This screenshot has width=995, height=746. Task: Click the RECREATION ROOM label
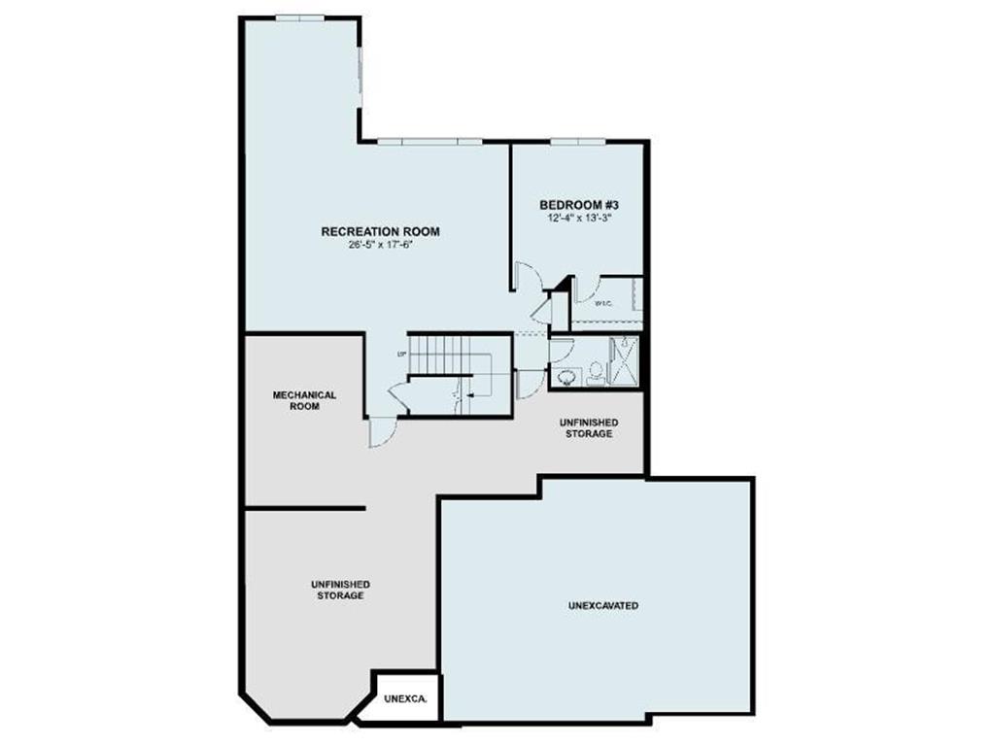tap(380, 231)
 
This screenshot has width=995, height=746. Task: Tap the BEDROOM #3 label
tap(579, 205)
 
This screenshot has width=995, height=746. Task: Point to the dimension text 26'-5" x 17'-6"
tap(380, 245)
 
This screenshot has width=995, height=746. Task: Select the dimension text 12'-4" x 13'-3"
tap(579, 220)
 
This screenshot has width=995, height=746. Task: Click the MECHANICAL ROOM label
tap(304, 400)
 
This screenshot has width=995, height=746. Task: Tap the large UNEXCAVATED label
tap(602, 605)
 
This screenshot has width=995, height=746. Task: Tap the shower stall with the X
tap(624, 362)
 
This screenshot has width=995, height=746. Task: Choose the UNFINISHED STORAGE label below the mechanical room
tap(340, 590)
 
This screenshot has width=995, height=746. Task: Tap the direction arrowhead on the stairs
tap(468, 395)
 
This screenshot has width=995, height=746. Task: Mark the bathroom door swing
tap(531, 383)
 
